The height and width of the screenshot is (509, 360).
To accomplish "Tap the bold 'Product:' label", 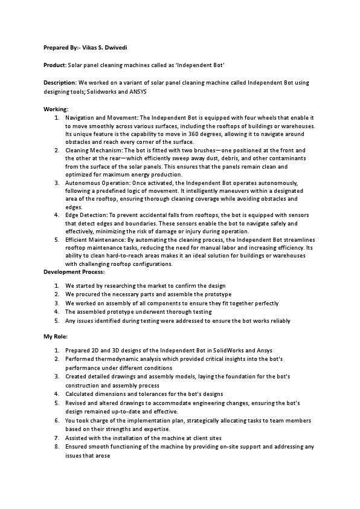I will point(55,64).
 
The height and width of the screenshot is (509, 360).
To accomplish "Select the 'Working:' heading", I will point(56,109).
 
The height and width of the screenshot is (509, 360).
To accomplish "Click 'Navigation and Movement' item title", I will point(102,117).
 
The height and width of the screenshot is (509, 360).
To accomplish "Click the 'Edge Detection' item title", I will point(85,215).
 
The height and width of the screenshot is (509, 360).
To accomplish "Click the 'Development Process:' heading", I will point(74,272).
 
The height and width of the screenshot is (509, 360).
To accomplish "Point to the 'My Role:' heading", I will point(56,336).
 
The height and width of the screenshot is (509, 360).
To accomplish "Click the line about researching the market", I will point(145,285).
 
